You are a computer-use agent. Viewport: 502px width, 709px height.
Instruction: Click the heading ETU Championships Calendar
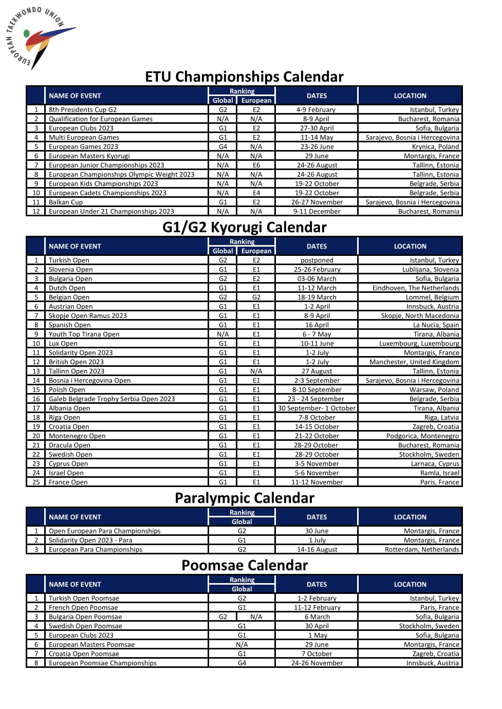coord(244,77)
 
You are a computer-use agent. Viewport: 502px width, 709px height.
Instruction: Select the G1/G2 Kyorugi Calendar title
coord(244,227)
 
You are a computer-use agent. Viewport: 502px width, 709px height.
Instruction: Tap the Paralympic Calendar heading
coord(244,498)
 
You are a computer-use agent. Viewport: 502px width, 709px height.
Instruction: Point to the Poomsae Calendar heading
coord(244,565)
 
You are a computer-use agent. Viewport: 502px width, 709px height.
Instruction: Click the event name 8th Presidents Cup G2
coord(83,109)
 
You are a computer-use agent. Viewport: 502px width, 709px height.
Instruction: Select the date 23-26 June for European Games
coord(317,146)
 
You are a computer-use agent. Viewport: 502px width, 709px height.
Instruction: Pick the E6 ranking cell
coord(256,165)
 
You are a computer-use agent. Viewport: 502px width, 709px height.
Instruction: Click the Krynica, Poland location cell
coord(435,146)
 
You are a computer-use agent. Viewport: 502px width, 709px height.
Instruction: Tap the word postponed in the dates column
coord(317,260)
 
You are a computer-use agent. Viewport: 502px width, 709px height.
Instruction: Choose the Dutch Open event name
coord(67,288)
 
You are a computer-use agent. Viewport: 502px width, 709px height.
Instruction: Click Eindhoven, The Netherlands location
coord(416,288)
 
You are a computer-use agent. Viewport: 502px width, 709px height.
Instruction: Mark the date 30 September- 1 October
coord(317,408)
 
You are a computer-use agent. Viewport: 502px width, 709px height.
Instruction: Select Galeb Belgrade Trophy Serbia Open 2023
coord(111,399)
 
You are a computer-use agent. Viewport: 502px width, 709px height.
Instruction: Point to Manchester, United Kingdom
coord(414,362)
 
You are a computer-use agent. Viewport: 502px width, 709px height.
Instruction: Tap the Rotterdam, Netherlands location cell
coord(422,549)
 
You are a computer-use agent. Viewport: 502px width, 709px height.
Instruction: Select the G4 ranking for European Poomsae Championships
coord(241,663)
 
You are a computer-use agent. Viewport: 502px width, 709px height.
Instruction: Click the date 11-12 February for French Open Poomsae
coord(317,607)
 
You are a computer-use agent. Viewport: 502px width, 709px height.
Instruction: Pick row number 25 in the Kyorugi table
coord(36,482)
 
